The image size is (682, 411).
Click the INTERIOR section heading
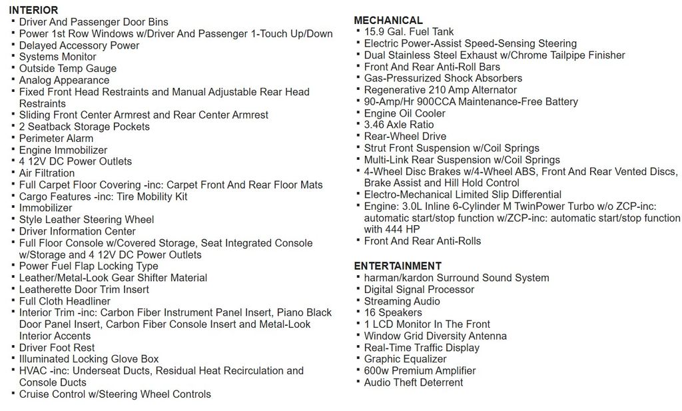click(x=33, y=10)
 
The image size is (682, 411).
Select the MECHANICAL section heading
click(x=388, y=20)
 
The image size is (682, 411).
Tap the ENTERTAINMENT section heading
click(x=398, y=266)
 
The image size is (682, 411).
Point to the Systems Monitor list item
click(x=57, y=57)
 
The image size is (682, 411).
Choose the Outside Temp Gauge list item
click(x=67, y=68)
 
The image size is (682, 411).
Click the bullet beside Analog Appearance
click(x=13, y=80)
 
